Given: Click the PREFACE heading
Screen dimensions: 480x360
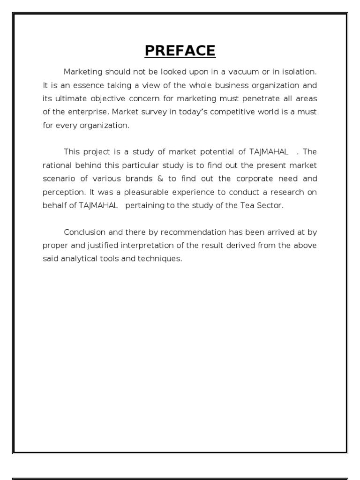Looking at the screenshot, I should point(180,51).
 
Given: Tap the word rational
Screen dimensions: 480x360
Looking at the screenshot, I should point(57,165).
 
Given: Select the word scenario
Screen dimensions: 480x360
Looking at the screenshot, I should point(60,179).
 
